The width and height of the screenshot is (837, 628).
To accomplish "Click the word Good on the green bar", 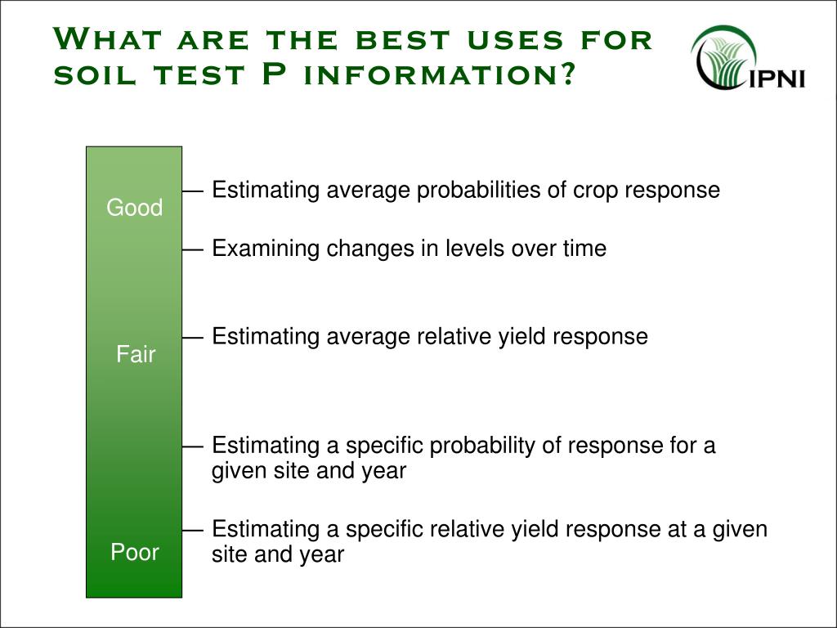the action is pyautogui.click(x=135, y=207).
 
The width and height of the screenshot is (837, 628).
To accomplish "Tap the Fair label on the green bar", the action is pyautogui.click(x=136, y=354).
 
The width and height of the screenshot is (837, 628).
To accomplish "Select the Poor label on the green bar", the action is pyautogui.click(x=135, y=552).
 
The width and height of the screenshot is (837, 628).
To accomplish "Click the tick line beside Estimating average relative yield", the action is pyautogui.click(x=193, y=338).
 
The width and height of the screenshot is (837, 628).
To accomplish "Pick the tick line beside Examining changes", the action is pyautogui.click(x=193, y=249).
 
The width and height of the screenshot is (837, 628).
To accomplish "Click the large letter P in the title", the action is pyautogui.click(x=275, y=73).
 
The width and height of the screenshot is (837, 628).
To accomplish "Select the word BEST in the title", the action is pyautogui.click(x=403, y=40).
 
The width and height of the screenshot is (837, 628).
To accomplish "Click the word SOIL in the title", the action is pyautogui.click(x=95, y=74).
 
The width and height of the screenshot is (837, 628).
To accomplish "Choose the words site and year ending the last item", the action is pyautogui.click(x=278, y=554).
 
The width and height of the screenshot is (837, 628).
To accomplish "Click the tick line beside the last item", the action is pyautogui.click(x=193, y=530).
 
